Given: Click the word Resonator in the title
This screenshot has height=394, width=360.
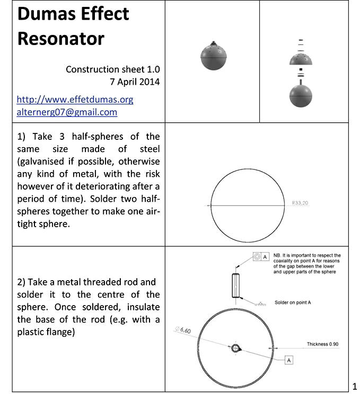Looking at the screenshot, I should (x=61, y=38).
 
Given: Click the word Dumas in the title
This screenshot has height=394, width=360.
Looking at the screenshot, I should (x=42, y=14).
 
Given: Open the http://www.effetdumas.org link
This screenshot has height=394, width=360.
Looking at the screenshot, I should (x=75, y=100).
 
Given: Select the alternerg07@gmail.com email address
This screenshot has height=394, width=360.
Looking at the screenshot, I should (x=67, y=112).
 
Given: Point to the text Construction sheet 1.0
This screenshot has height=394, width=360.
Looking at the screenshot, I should (x=112, y=69).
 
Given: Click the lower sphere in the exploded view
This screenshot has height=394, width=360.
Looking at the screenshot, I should (x=301, y=95).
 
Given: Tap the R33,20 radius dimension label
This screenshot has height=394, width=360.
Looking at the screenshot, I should (x=300, y=202).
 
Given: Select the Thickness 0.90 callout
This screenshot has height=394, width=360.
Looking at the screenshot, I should (x=322, y=344).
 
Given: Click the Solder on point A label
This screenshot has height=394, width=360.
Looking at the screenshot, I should (x=292, y=302).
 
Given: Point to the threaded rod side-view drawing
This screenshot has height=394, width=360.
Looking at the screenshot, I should (x=235, y=285).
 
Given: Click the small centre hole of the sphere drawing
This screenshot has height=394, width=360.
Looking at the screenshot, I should (x=236, y=348).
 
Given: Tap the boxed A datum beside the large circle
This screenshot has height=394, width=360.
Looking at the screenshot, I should (x=289, y=360).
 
